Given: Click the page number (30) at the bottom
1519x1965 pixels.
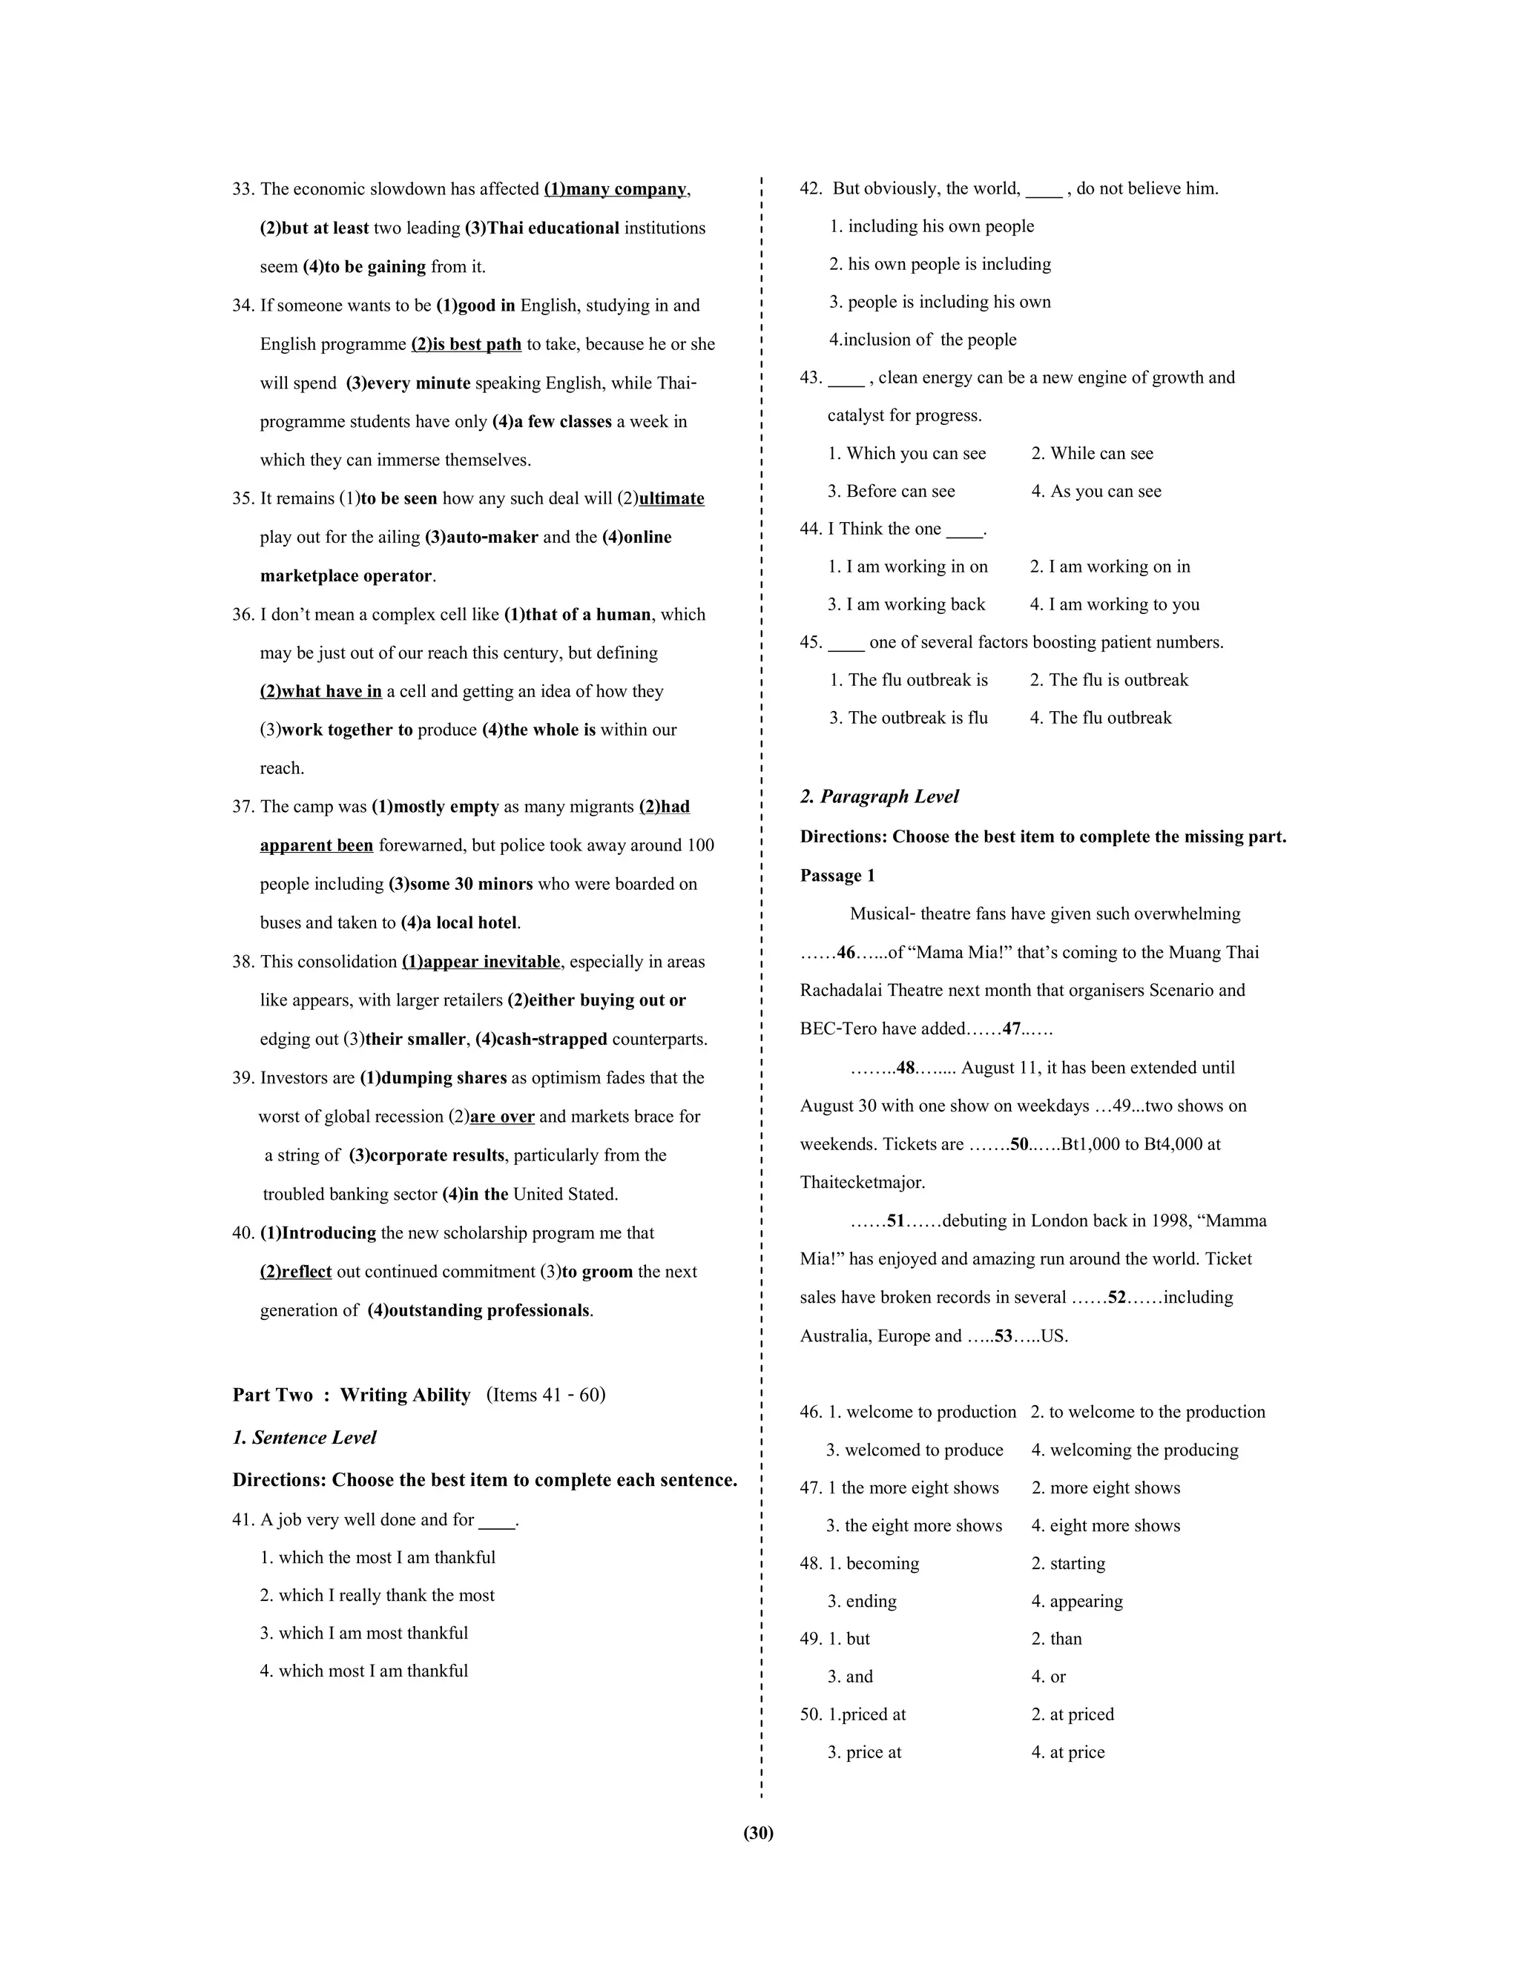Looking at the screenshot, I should [759, 1833].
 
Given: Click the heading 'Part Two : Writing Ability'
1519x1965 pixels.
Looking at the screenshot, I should [352, 1395].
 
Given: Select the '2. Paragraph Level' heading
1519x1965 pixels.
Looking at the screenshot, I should [879, 796].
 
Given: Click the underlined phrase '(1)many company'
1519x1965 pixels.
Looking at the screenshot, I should [616, 189].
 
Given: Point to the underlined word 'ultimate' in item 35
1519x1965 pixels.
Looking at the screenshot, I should [671, 498].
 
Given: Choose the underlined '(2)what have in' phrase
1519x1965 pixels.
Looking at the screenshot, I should [321, 691].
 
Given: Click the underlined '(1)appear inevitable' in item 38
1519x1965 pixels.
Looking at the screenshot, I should [481, 962].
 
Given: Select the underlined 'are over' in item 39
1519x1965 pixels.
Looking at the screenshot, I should [502, 1117].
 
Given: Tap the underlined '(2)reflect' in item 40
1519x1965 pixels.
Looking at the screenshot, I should [296, 1271].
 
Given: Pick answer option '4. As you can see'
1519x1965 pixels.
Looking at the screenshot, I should [1096, 491].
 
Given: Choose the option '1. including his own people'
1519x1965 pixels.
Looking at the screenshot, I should [932, 227].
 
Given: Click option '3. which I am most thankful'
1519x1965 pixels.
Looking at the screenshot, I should [364, 1633].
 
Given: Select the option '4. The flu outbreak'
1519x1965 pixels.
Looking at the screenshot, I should [1101, 718].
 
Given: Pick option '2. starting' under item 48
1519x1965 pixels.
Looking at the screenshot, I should [1068, 1563].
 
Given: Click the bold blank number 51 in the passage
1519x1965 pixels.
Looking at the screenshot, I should [895, 1221].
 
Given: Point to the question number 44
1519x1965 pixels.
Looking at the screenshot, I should [811, 529].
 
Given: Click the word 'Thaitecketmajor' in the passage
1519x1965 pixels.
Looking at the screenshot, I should [861, 1182].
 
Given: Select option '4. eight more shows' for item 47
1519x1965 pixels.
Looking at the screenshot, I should [1106, 1525].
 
